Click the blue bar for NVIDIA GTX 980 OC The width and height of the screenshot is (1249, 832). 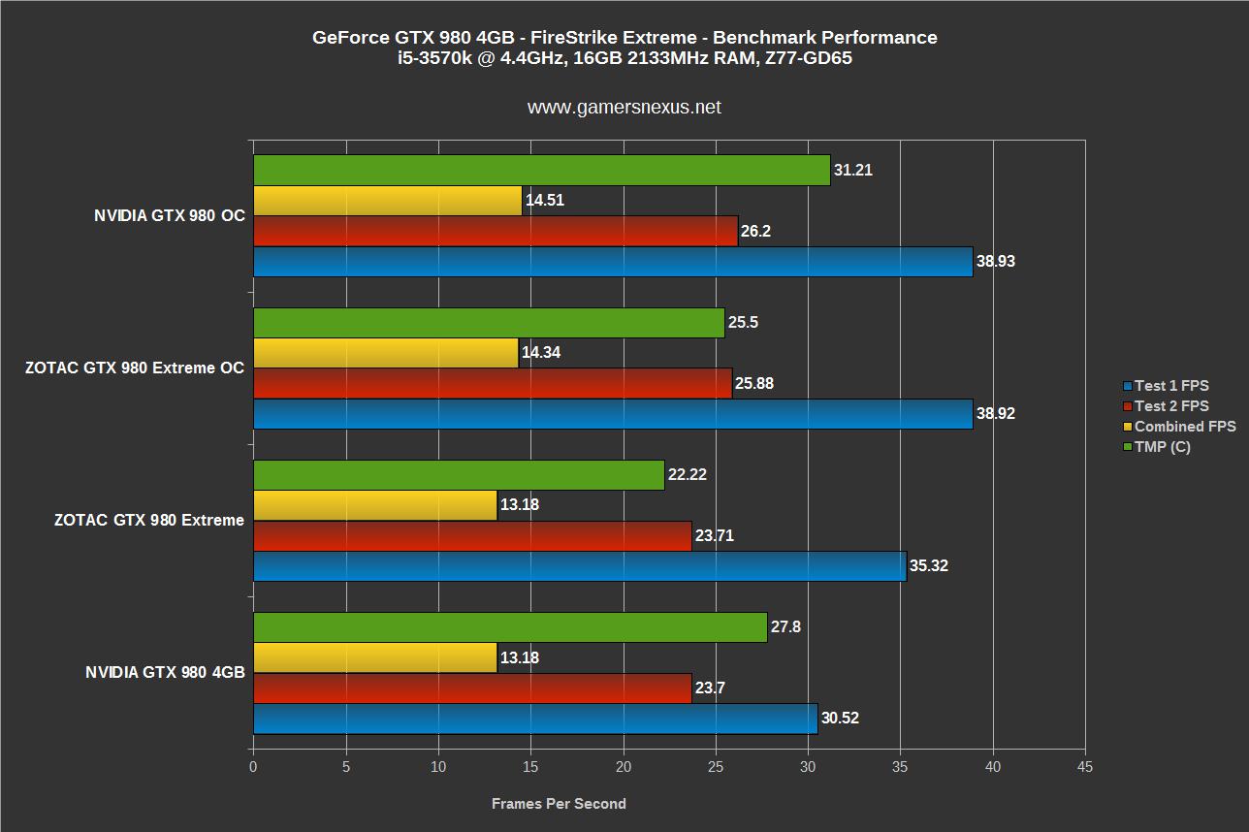[x=612, y=262]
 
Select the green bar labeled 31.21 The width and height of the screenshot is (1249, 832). [x=541, y=170]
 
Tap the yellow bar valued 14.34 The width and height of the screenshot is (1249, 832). [x=385, y=353]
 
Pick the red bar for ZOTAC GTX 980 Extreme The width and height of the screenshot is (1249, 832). [x=472, y=535]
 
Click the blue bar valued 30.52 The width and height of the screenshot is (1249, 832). [x=534, y=719]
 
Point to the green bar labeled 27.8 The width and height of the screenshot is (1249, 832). [x=510, y=627]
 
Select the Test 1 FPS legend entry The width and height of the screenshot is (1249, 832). [x=1171, y=386]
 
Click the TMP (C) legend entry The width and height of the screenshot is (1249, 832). [x=1162, y=447]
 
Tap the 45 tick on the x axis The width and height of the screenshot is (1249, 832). [x=1085, y=767]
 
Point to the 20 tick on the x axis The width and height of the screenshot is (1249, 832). [x=624, y=767]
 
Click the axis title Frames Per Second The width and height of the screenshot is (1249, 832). [x=559, y=804]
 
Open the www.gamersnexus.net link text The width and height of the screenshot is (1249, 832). [x=624, y=108]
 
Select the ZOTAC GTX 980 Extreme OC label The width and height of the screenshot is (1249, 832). [x=135, y=368]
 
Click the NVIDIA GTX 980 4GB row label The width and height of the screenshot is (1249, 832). [x=165, y=673]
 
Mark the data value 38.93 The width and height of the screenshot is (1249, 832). [x=996, y=262]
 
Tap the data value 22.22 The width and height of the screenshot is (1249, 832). [x=688, y=475]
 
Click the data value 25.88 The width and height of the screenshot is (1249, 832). [x=755, y=384]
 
